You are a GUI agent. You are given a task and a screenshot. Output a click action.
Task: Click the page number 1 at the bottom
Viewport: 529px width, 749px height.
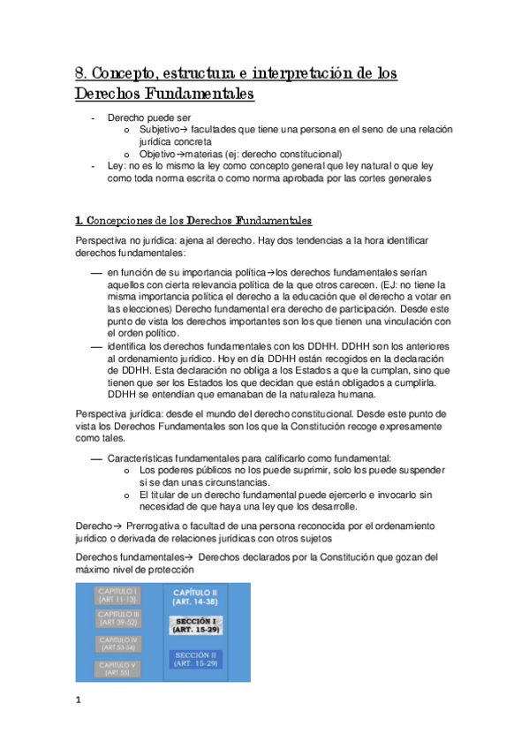click(x=78, y=700)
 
